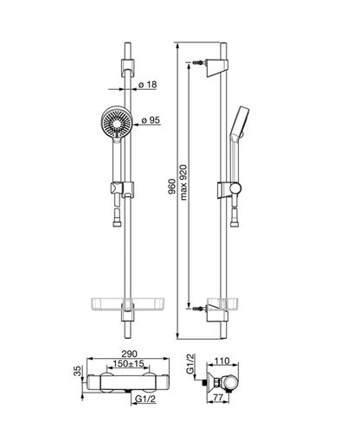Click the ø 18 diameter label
147,85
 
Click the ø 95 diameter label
151,120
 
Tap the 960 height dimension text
172,187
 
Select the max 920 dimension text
183,182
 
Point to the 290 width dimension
129,354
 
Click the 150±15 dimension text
128,363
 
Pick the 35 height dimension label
77,371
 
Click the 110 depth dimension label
222,361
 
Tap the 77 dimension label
218,398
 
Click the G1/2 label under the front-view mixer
145,399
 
